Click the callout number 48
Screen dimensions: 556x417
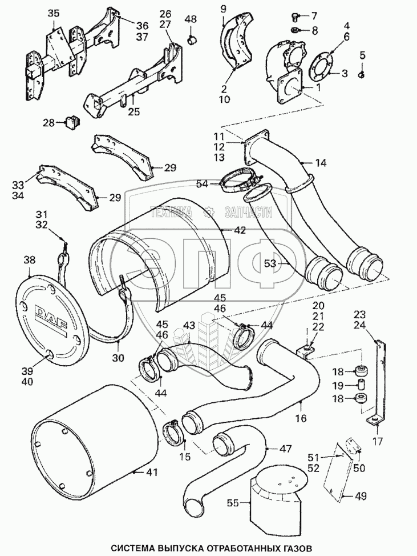(191, 19)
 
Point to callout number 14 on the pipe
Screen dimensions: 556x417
(321, 163)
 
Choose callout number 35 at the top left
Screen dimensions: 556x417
(53, 13)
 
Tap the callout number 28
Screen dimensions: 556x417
(49, 122)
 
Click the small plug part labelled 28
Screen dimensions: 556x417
(72, 121)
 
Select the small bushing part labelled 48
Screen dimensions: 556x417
(192, 40)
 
